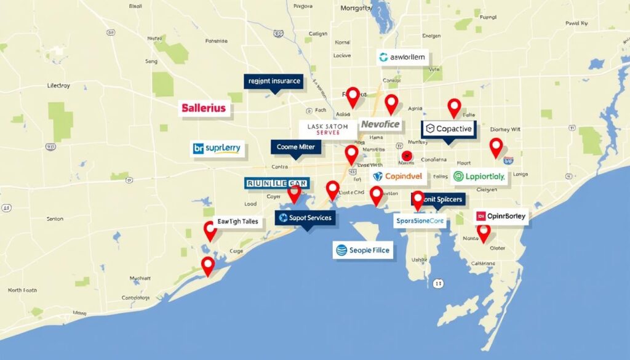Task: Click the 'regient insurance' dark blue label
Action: [x=273, y=81]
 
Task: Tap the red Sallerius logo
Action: [x=204, y=108]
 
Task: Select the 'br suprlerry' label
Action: [x=218, y=148]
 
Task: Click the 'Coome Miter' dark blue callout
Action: [x=296, y=146]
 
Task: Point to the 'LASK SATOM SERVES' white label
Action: [x=327, y=129]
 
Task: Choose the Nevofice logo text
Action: [x=380, y=124]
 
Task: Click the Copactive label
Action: [x=449, y=129]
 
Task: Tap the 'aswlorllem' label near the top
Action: [x=402, y=57]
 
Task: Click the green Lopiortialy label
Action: [x=479, y=177]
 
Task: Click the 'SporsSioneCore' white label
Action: [x=420, y=220]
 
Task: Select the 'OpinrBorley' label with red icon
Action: [x=501, y=216]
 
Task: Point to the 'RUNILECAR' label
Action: [x=276, y=183]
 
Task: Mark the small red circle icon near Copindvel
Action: [x=407, y=156]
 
